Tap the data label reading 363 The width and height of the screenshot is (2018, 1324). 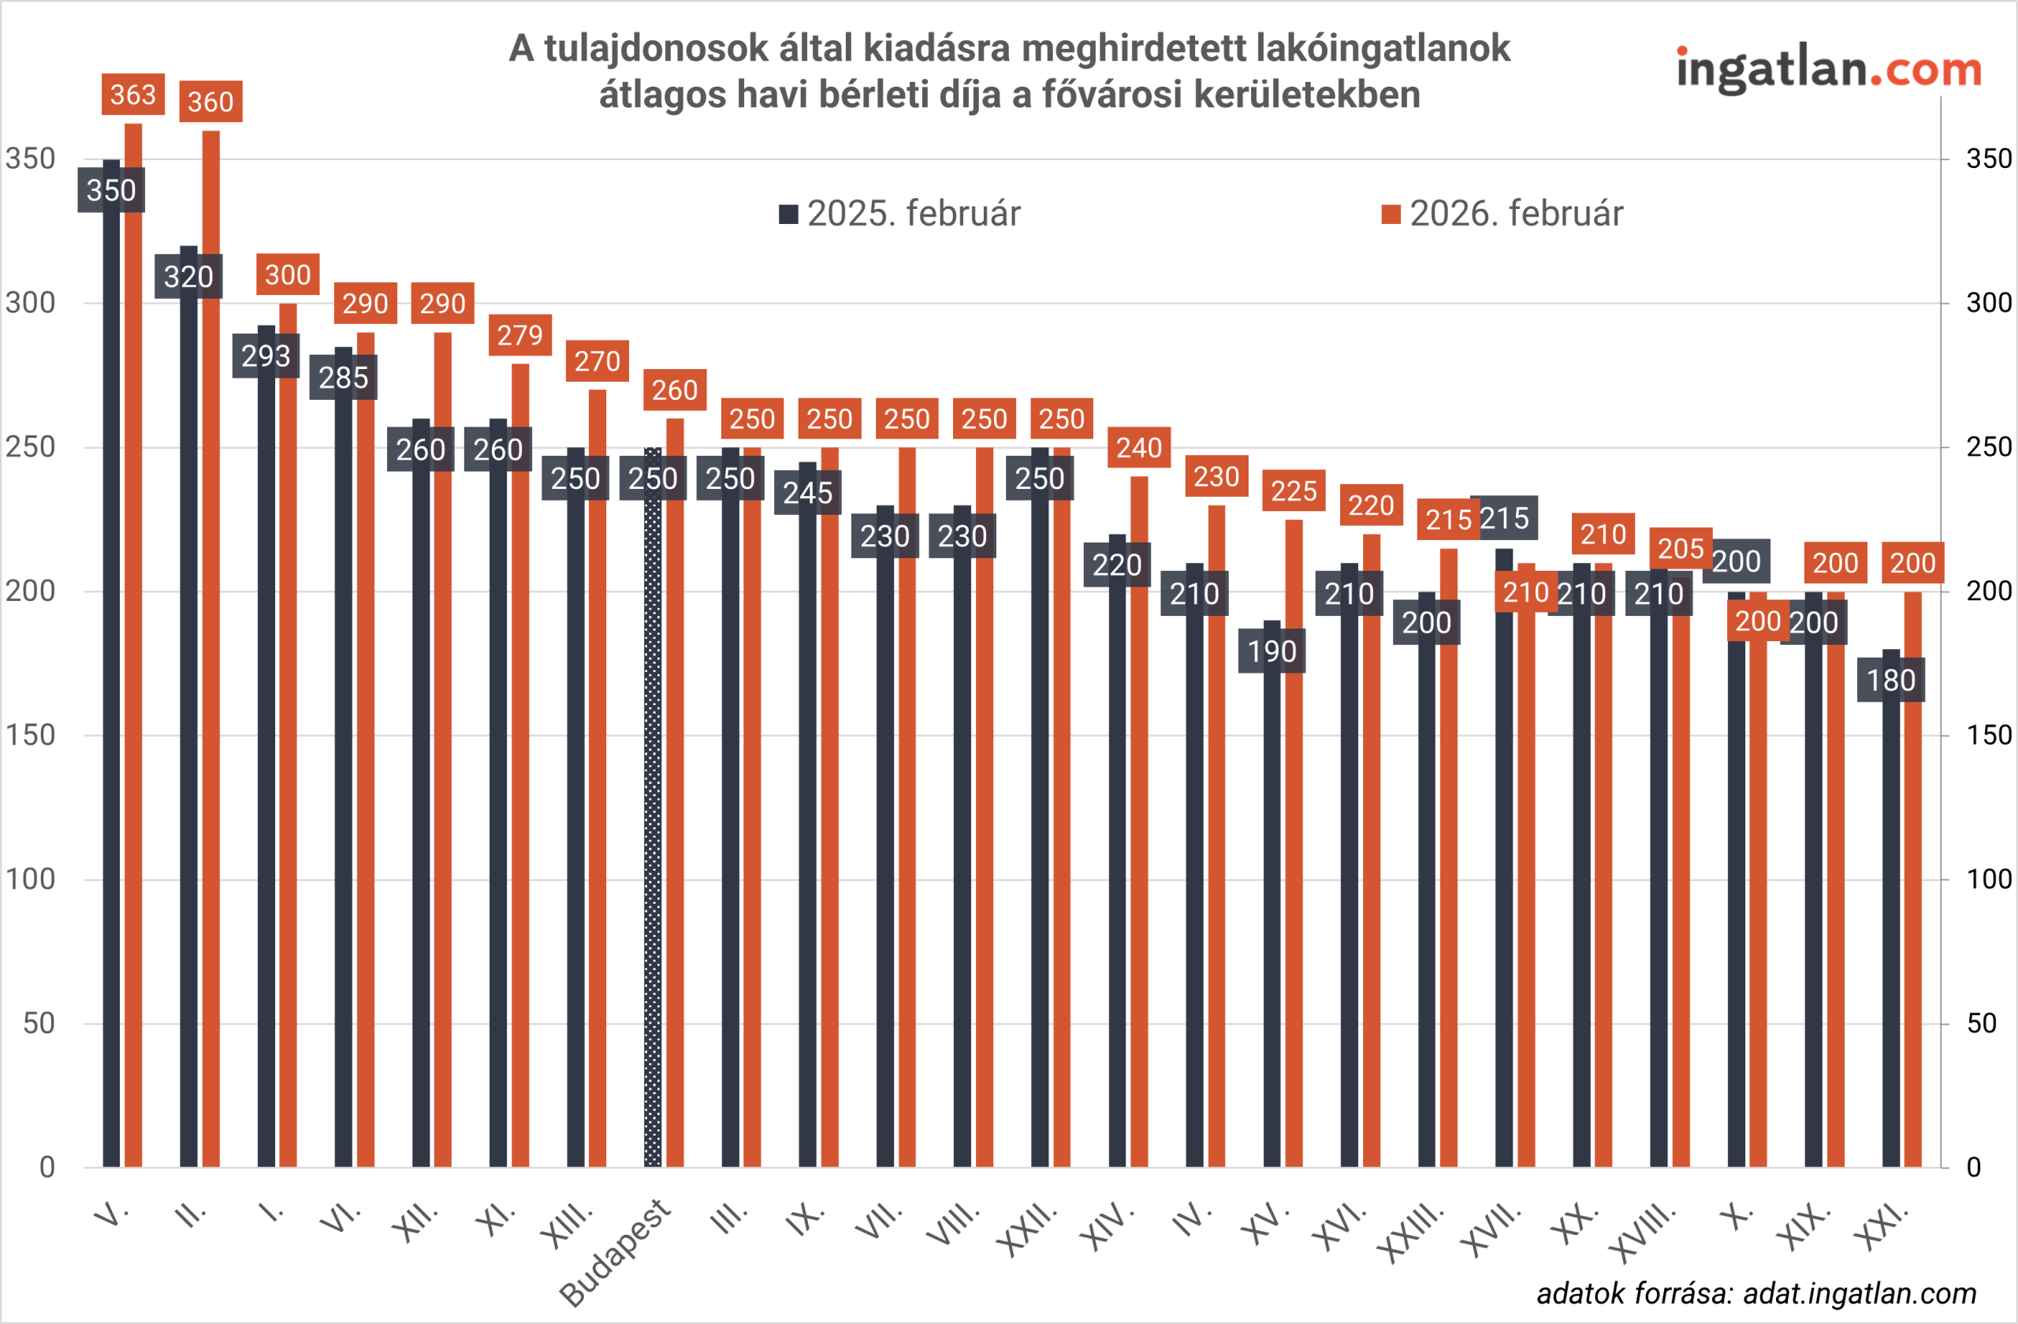133,94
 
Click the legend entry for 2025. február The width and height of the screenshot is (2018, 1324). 899,214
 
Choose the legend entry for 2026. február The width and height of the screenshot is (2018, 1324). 1502,214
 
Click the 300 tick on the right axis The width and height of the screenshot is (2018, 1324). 1988,303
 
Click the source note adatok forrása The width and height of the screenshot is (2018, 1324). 1756,1293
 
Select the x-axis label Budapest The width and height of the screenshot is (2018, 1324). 616,1252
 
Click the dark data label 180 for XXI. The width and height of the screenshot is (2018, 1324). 1891,681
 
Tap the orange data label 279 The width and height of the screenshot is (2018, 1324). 519,335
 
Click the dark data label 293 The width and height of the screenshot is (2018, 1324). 266,356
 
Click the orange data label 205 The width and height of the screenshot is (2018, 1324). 1681,549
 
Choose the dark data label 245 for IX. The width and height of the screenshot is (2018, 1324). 807,493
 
